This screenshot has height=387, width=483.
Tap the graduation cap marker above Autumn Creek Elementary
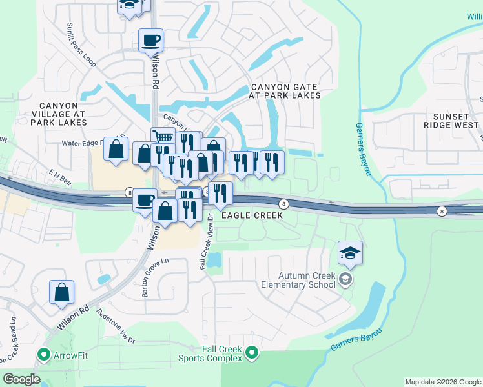pos(350,252)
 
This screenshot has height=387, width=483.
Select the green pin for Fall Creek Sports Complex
pos(252,353)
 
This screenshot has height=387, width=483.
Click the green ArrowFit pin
pos(44,354)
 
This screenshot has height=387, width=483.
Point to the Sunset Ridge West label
pos(451,121)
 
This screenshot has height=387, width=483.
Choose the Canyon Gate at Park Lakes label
pos(285,91)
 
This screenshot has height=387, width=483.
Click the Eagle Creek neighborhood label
pos(252,216)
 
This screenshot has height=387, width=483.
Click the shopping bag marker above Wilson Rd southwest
pos(61,292)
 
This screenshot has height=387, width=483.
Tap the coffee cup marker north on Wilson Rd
pos(150,40)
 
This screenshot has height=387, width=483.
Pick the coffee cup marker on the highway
pos(145,199)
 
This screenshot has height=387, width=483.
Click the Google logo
pos(21,379)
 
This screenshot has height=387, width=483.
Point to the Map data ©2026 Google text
pos(442,382)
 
